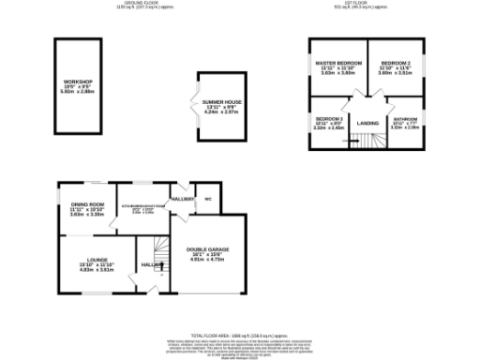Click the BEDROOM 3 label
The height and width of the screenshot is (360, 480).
(328, 118)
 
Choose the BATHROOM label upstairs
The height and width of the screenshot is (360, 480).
(404, 119)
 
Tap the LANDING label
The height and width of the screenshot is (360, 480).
(367, 123)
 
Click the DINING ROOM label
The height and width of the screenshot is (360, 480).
(86, 204)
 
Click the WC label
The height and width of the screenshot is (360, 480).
(207, 200)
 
